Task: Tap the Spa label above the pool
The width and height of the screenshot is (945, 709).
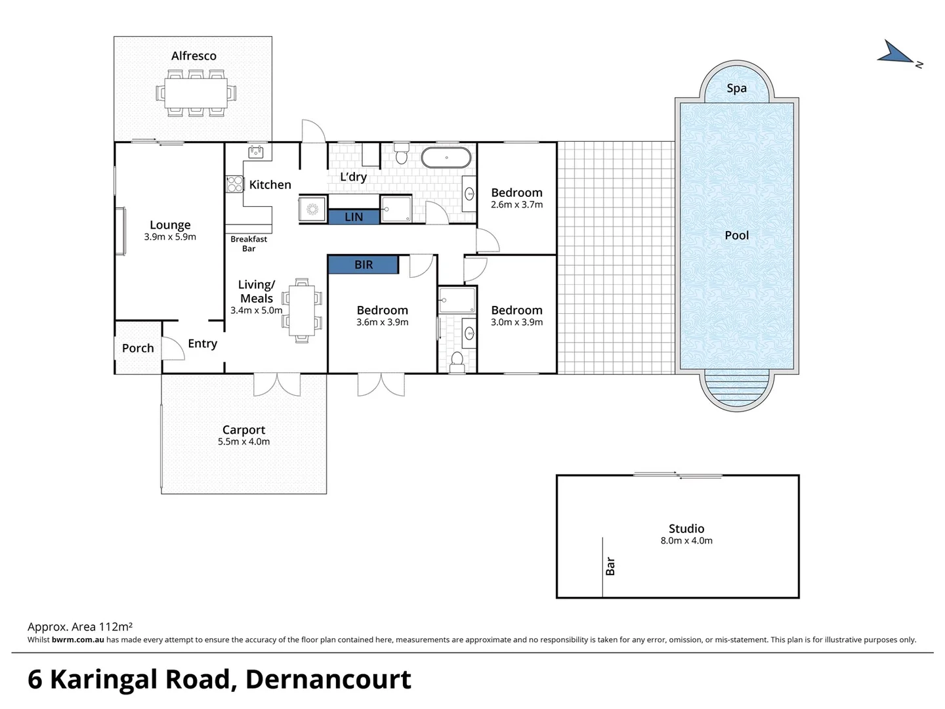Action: point(736,89)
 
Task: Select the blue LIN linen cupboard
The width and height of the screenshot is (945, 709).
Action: point(353,217)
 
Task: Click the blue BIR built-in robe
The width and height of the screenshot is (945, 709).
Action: point(363,265)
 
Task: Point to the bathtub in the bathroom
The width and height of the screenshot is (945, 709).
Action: point(446,158)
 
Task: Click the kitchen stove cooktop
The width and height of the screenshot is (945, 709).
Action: point(234,184)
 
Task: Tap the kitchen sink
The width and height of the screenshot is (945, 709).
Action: point(256,152)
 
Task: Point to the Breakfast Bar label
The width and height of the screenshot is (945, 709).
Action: point(249,244)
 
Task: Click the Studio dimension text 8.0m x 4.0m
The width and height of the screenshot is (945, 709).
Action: point(686,541)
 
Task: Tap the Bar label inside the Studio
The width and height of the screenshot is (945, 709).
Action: point(610,566)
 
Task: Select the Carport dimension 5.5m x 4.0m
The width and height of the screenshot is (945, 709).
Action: point(243,442)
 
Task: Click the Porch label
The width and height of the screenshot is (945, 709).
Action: point(138,349)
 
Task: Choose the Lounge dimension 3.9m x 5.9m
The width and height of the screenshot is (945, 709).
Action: point(170,237)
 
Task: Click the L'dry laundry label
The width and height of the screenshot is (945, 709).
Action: point(353,177)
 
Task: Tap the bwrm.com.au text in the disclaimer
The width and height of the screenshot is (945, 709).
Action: point(77,639)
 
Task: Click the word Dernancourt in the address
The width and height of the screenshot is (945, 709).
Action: point(327,679)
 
